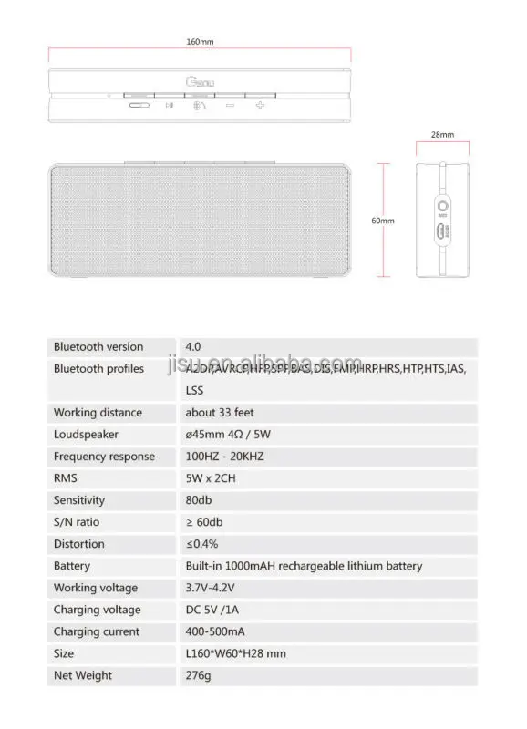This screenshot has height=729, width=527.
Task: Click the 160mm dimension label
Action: pyautogui.click(x=199, y=42)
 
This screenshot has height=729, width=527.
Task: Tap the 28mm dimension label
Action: pyautogui.click(x=442, y=134)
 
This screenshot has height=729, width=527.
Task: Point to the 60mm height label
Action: pyautogui.click(x=383, y=221)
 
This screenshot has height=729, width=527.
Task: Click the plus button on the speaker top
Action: pyautogui.click(x=260, y=106)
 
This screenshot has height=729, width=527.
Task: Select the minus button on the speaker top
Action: pyautogui.click(x=230, y=106)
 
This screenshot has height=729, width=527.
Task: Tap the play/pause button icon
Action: pyautogui.click(x=169, y=106)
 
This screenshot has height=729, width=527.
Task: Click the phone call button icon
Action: pyautogui.click(x=200, y=106)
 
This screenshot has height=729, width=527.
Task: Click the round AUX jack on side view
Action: pyautogui.click(x=442, y=206)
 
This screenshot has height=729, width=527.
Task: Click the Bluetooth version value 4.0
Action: pyautogui.click(x=193, y=346)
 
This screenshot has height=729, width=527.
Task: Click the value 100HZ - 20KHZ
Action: pyautogui.click(x=224, y=457)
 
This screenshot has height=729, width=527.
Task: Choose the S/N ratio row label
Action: pyautogui.click(x=77, y=522)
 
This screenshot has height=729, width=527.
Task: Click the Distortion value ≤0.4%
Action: pyautogui.click(x=201, y=544)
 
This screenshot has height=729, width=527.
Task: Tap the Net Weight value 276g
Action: pyautogui.click(x=198, y=675)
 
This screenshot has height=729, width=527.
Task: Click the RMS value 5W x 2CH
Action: pyautogui.click(x=212, y=478)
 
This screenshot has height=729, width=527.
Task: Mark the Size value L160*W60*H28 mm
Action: pyautogui.click(x=235, y=653)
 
